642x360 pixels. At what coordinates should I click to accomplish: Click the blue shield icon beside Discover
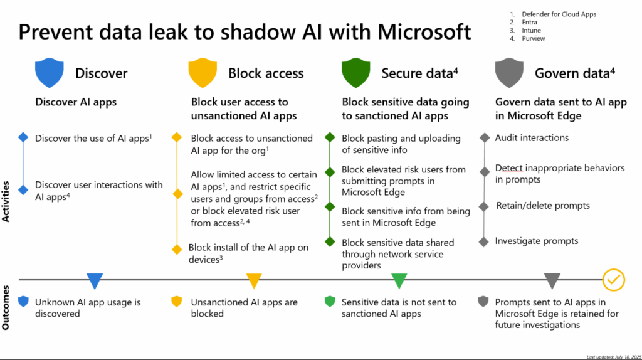50,73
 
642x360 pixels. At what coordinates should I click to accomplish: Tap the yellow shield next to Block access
203,73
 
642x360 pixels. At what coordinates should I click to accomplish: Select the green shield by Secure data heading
355,73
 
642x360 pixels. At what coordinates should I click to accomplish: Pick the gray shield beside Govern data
508,73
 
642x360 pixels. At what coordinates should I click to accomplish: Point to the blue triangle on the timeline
95,280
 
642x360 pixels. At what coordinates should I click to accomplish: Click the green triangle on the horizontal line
399,280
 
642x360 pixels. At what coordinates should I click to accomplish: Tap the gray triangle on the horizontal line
552,280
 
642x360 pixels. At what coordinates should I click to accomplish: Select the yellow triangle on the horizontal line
254,280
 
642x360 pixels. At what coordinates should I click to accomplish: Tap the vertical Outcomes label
7,308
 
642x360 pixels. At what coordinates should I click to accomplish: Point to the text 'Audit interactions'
532,137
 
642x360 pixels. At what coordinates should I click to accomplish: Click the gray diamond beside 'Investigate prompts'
483,241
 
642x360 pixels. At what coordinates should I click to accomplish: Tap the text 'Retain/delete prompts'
543,206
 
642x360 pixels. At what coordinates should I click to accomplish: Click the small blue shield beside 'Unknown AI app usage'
23,302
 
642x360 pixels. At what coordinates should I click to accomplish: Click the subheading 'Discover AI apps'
76,102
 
